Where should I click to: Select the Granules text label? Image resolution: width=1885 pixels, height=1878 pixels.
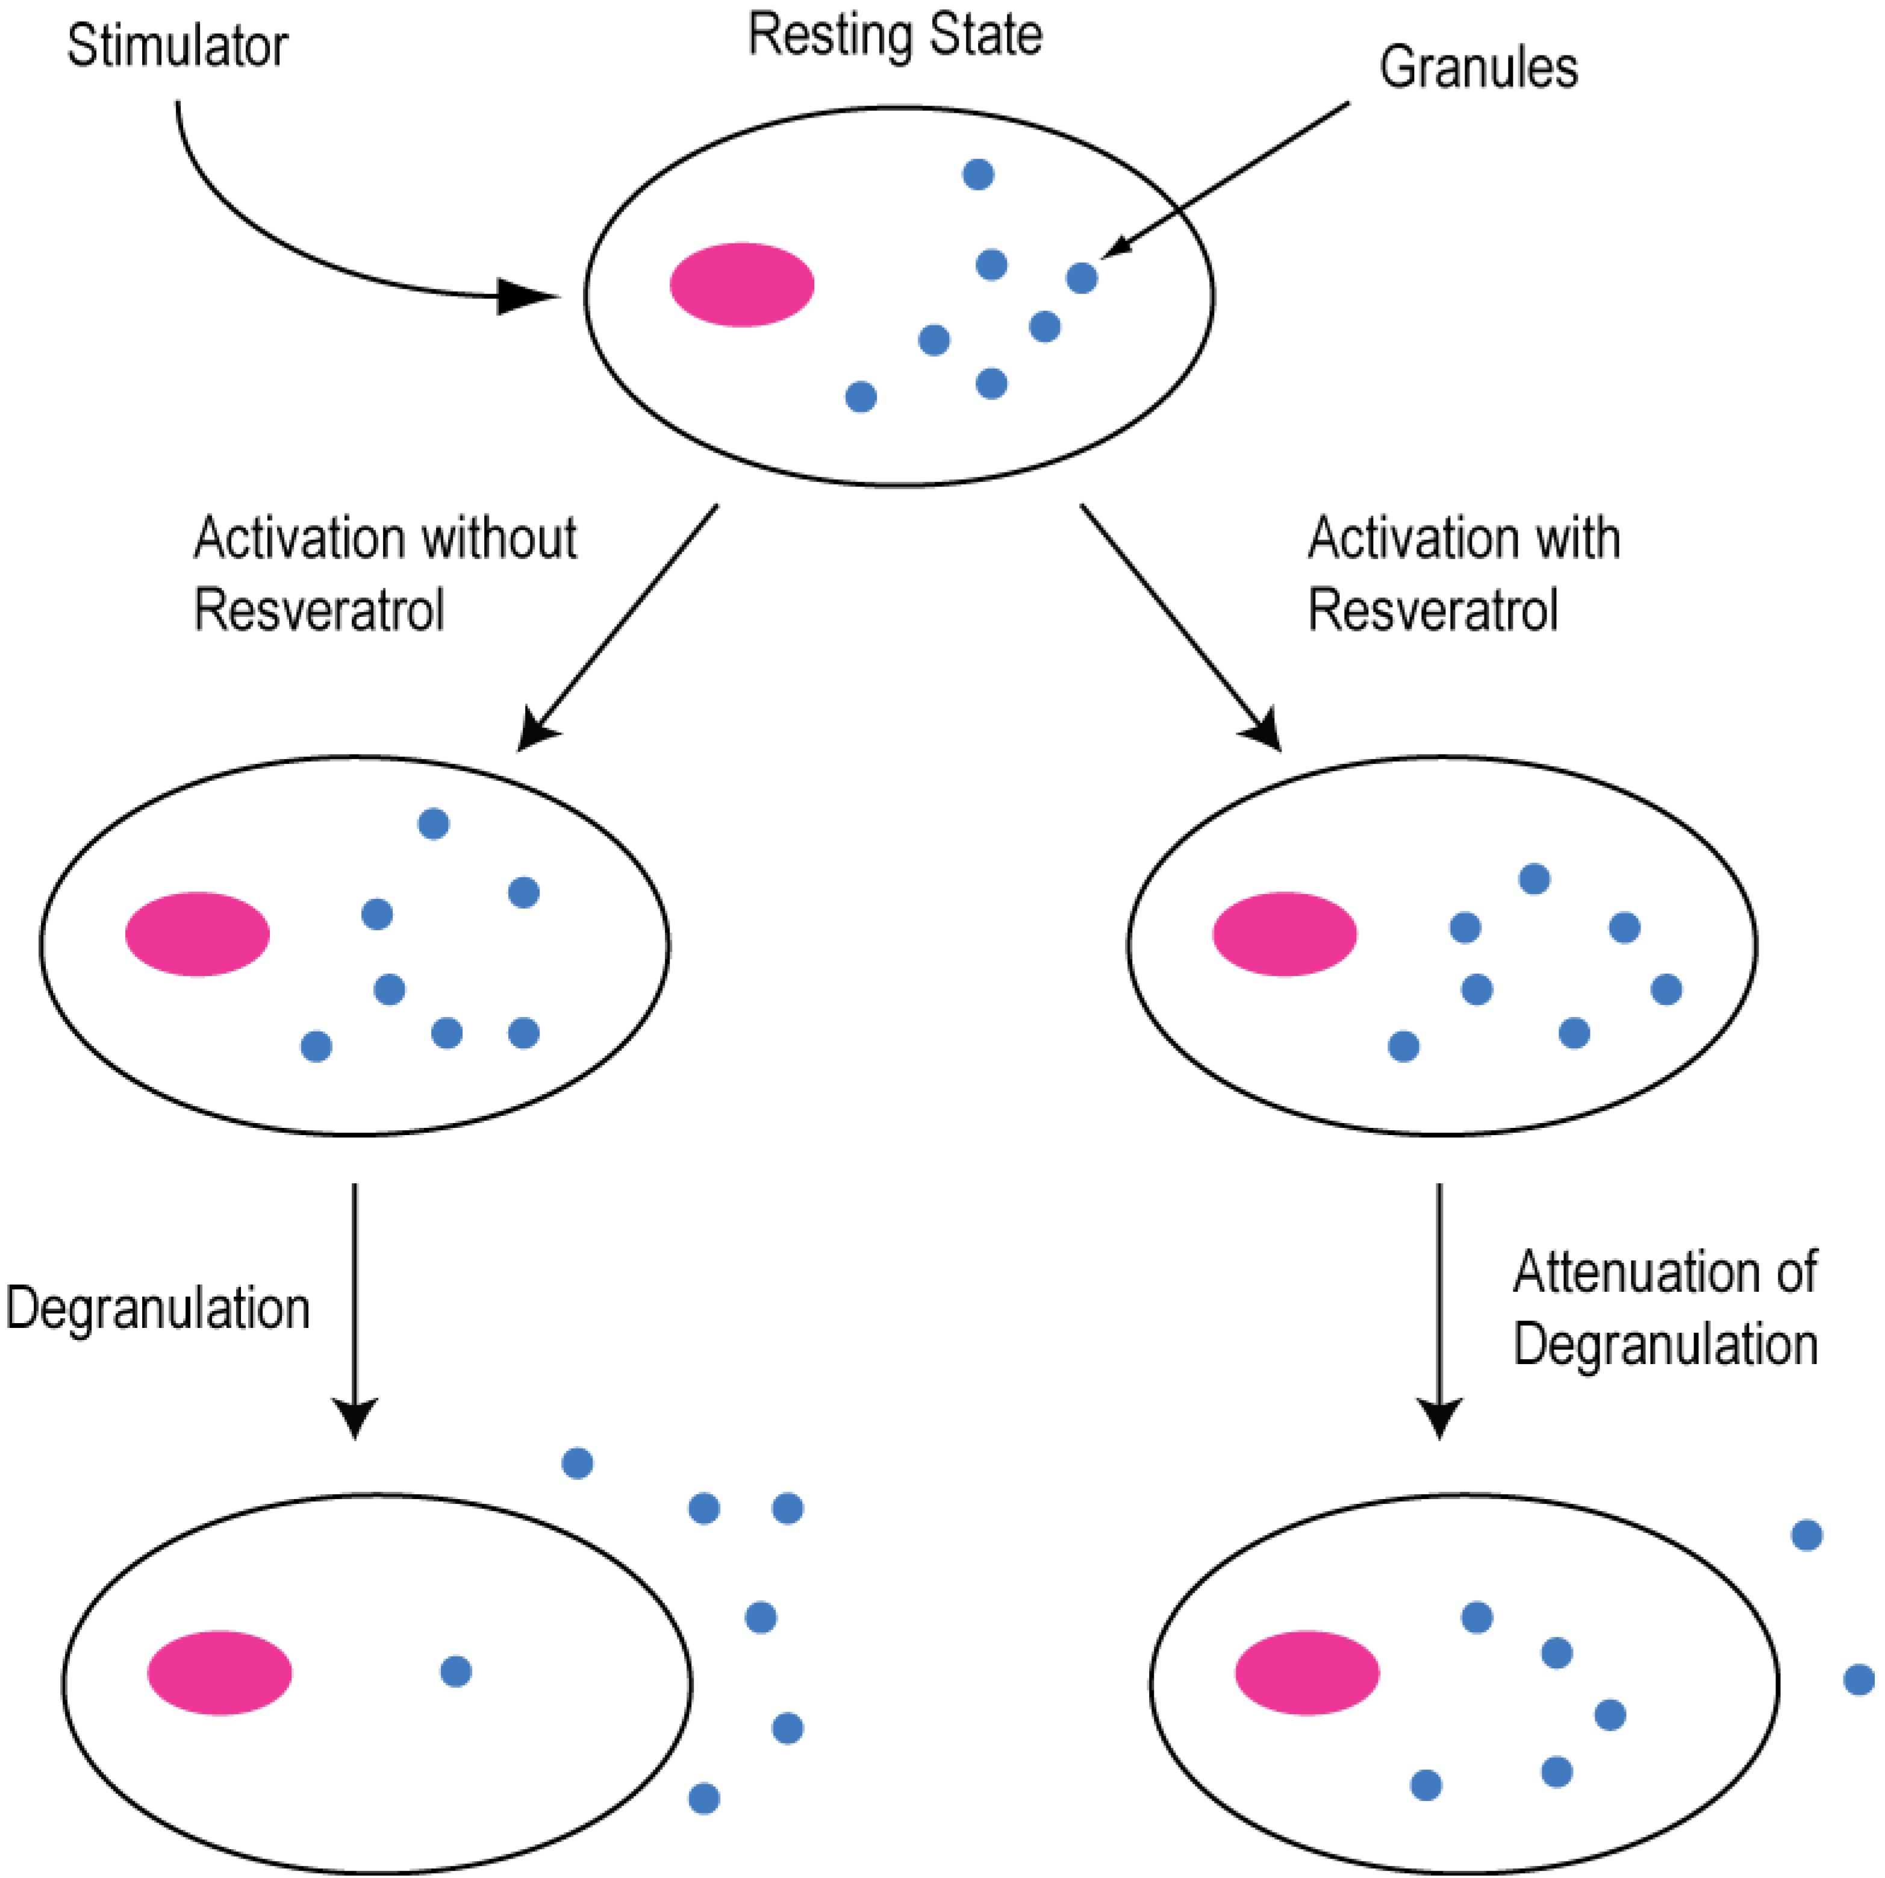[1477, 68]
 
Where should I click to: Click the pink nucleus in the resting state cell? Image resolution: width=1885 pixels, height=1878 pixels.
[741, 284]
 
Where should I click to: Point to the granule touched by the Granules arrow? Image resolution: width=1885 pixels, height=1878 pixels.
[1081, 278]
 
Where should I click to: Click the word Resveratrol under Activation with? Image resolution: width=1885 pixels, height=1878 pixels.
[1432, 611]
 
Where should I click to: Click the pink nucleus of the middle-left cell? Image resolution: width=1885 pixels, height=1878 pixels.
[197, 933]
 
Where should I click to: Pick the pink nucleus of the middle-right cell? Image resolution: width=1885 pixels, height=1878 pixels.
[1284, 933]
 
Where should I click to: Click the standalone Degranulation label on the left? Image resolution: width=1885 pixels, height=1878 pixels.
[158, 1308]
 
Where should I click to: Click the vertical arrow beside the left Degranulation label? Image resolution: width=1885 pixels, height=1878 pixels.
[354, 1308]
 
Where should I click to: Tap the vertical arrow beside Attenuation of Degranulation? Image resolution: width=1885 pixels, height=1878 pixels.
[1439, 1308]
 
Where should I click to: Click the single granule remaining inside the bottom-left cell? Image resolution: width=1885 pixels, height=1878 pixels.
[456, 1671]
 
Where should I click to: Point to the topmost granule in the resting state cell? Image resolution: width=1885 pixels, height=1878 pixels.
[977, 175]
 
